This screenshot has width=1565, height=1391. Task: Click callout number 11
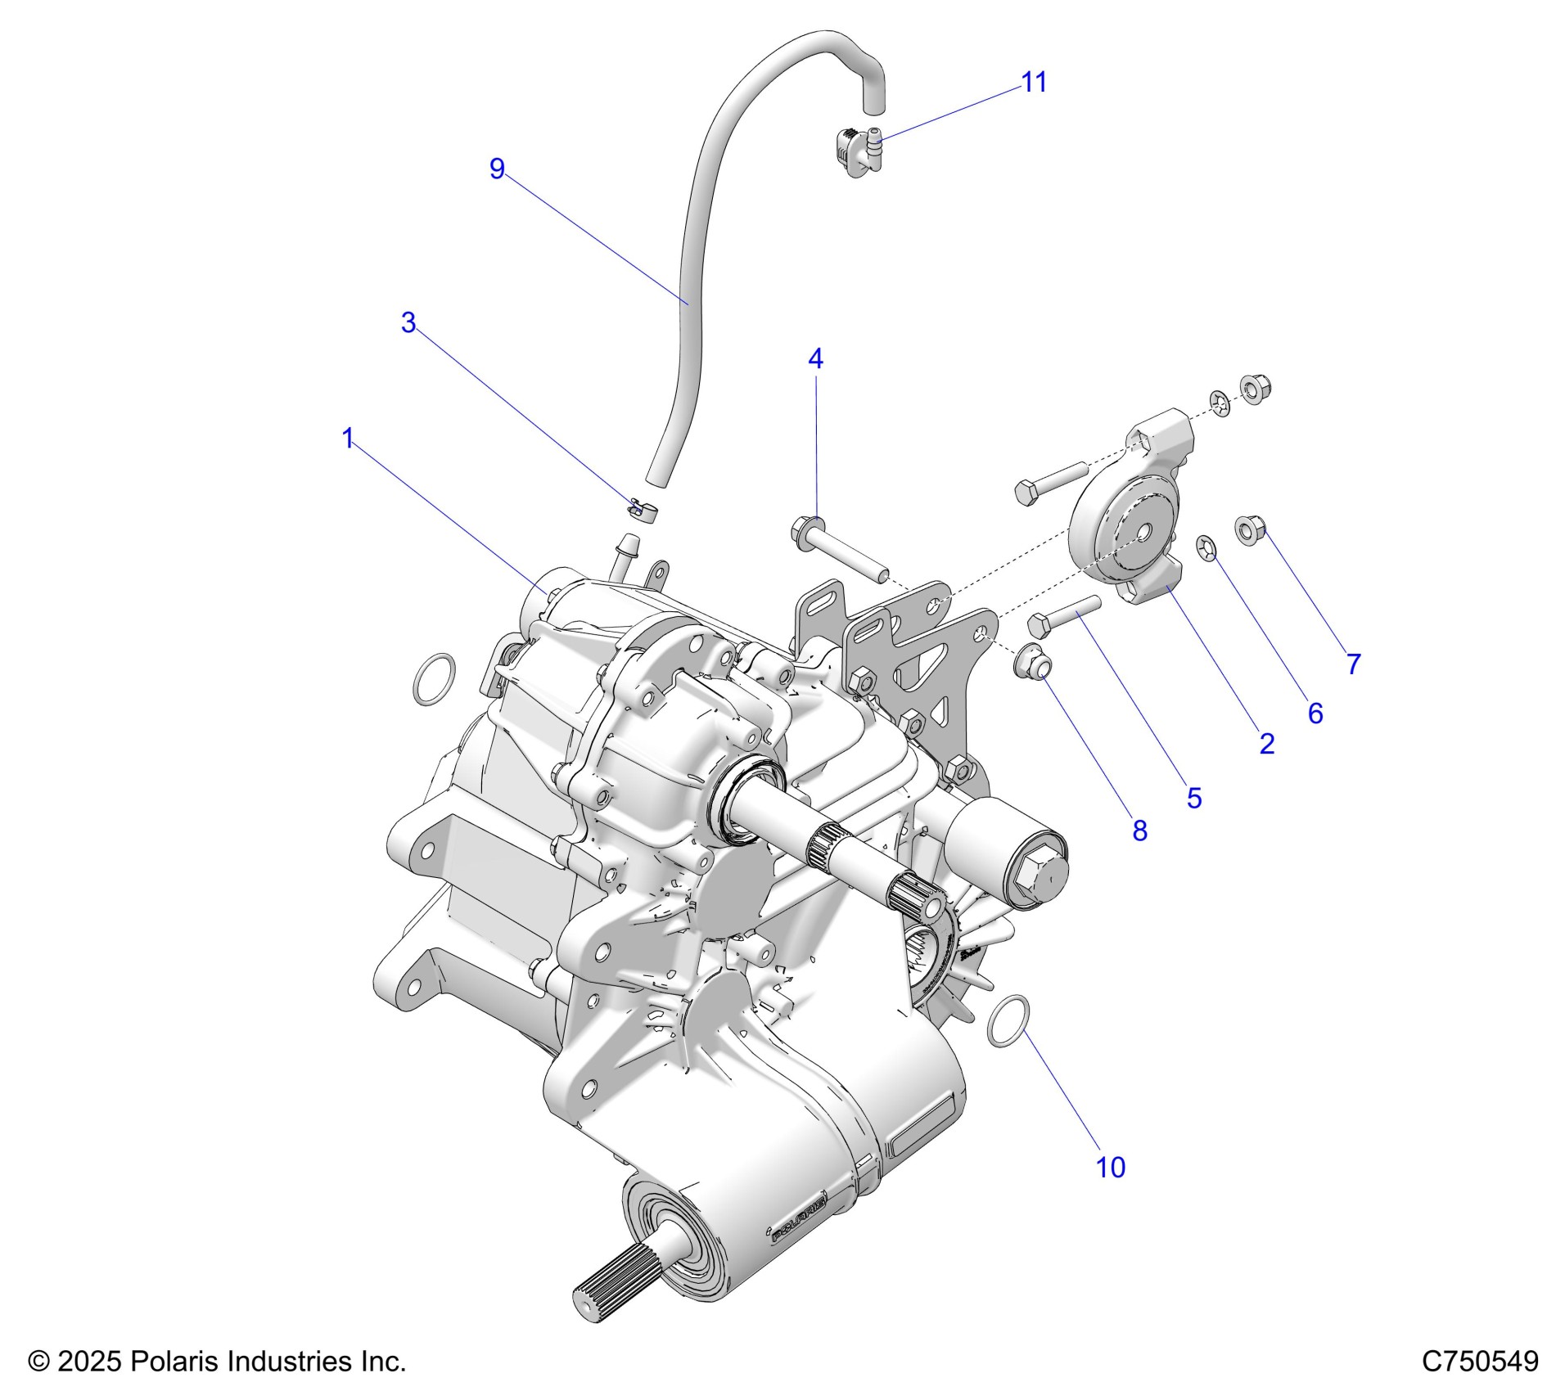(x=1034, y=83)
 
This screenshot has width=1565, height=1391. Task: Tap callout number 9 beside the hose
(x=497, y=169)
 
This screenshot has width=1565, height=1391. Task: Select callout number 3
(x=408, y=322)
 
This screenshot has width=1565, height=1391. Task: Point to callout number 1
(x=348, y=439)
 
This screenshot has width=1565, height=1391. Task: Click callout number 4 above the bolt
(x=815, y=358)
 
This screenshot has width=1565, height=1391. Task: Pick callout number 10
(x=1111, y=1168)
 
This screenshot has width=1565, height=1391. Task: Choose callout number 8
(x=1139, y=831)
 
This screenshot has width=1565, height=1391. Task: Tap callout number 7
(x=1354, y=664)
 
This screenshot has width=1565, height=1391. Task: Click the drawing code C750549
(x=1480, y=1362)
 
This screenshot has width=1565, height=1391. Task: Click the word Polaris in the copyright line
(x=174, y=1362)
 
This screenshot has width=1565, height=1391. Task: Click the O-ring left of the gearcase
(x=433, y=679)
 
